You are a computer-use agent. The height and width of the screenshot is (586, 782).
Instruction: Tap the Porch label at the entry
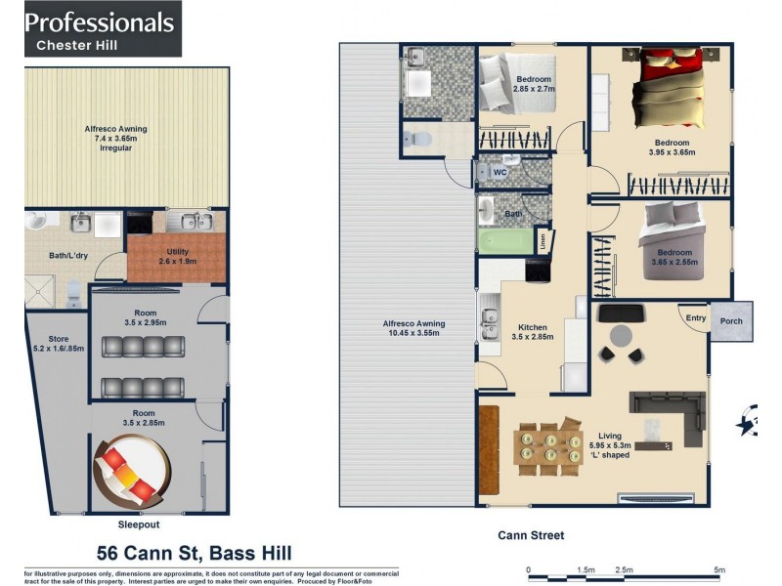click(x=730, y=321)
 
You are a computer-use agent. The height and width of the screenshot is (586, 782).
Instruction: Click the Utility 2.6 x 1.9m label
click(x=177, y=256)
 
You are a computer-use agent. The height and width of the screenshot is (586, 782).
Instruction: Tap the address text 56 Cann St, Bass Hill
click(x=194, y=553)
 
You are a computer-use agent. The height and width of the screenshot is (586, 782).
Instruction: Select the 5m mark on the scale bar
click(x=719, y=569)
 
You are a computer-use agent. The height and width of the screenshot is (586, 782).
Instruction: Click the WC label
click(x=500, y=173)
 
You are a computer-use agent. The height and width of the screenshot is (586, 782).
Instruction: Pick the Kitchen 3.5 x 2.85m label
click(x=533, y=332)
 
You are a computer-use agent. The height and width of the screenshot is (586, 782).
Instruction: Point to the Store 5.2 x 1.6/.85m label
click(x=52, y=344)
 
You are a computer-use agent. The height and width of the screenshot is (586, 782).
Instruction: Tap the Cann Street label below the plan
click(x=531, y=535)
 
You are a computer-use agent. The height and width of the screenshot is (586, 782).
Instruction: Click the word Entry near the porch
click(x=695, y=318)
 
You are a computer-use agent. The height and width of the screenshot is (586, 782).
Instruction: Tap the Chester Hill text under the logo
click(x=77, y=45)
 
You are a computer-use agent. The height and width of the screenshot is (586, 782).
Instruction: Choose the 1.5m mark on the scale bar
click(x=586, y=569)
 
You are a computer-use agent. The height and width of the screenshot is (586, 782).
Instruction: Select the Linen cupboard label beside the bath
click(x=542, y=238)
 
